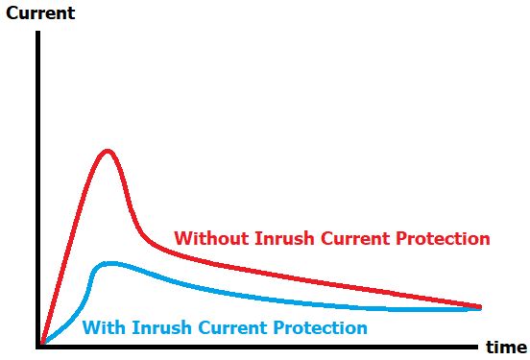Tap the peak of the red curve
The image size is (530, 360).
point(108,151)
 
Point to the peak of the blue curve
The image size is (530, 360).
point(110,263)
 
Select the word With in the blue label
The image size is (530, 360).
point(100,327)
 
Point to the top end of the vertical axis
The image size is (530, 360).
point(39,33)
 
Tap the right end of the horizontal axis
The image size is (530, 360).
point(476,344)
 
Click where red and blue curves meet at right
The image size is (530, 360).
point(478,308)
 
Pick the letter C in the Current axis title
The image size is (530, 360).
point(12,13)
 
